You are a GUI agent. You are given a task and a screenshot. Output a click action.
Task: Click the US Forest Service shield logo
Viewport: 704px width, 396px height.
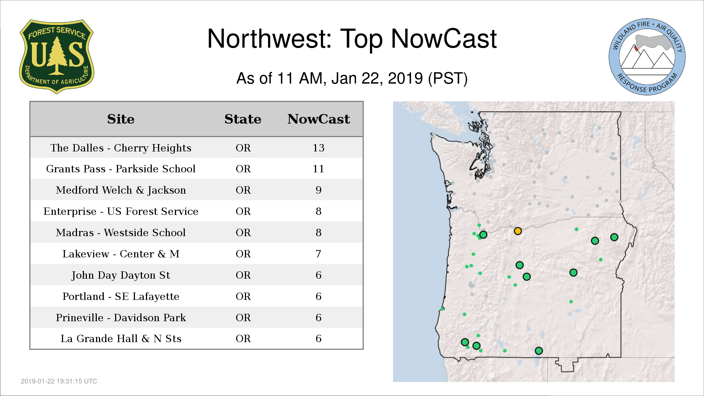pyautogui.click(x=56, y=56)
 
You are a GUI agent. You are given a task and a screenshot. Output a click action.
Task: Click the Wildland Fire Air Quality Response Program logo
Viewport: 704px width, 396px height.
pyautogui.click(x=647, y=57)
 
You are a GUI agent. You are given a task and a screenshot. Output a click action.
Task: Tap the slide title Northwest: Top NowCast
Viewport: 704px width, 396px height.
pyautogui.click(x=352, y=39)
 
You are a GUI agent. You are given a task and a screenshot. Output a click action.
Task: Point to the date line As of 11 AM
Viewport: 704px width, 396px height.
pyautogui.click(x=352, y=78)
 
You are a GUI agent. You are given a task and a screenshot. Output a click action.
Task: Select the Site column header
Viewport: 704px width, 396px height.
pyautogui.click(x=121, y=119)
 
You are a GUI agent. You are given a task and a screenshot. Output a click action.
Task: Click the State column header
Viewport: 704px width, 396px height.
pyautogui.click(x=243, y=119)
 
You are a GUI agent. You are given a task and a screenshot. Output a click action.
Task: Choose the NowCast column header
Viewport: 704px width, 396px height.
pyautogui.click(x=319, y=119)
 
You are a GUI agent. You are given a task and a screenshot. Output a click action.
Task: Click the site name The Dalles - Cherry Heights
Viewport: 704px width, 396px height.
pyautogui.click(x=121, y=148)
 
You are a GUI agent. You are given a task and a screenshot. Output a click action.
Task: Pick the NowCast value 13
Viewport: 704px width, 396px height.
pyautogui.click(x=318, y=148)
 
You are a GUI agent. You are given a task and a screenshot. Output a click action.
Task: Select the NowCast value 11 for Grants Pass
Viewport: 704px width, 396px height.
pyautogui.click(x=318, y=169)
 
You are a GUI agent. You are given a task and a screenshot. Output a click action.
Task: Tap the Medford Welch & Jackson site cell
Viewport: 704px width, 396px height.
pyautogui.click(x=121, y=190)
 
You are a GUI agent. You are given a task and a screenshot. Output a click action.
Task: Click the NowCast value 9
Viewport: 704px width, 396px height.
pyautogui.click(x=318, y=190)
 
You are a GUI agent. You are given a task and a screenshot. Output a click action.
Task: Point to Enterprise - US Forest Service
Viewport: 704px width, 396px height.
pyautogui.click(x=121, y=212)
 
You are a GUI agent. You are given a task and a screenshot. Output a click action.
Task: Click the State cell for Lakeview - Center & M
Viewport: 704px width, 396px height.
pyautogui.click(x=243, y=254)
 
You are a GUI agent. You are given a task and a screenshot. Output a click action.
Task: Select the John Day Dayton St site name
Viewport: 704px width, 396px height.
pyautogui.click(x=121, y=275)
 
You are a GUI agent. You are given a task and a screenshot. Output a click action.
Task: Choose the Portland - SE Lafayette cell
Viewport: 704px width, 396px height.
pyautogui.click(x=121, y=297)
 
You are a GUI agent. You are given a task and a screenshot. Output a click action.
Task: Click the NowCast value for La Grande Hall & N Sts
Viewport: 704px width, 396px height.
pyautogui.click(x=318, y=339)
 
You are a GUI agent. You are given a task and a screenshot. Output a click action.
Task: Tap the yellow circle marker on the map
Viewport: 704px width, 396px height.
pyautogui.click(x=518, y=231)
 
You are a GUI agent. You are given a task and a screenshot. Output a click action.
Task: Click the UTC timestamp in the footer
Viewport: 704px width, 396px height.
pyautogui.click(x=59, y=381)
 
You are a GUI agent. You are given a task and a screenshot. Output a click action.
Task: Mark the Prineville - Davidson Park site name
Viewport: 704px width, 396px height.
pyautogui.click(x=121, y=318)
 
